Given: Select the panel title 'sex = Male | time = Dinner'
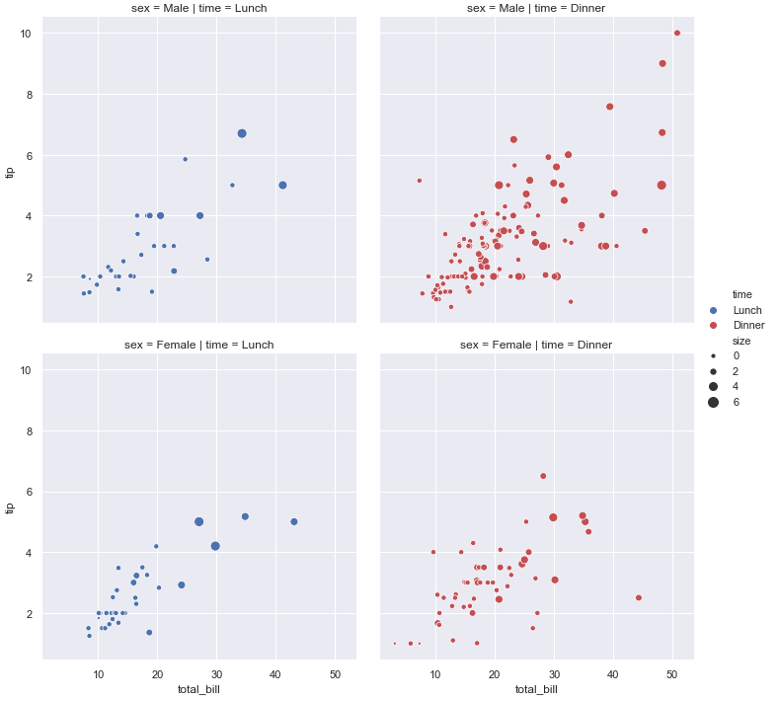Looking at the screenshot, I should [x=536, y=9].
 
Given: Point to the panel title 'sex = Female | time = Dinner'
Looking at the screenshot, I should [x=536, y=345].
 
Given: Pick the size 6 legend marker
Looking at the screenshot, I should [x=713, y=403].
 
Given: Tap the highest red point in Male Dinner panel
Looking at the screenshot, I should [x=677, y=33].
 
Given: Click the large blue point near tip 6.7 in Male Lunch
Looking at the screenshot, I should [x=242, y=133].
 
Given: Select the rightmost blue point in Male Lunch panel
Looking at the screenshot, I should [x=282, y=185].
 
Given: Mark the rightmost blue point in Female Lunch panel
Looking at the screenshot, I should [x=294, y=521].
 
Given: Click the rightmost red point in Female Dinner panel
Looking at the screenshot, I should [x=639, y=597].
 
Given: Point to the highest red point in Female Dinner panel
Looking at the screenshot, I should [x=543, y=476].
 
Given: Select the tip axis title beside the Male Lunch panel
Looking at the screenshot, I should [x=10, y=173].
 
